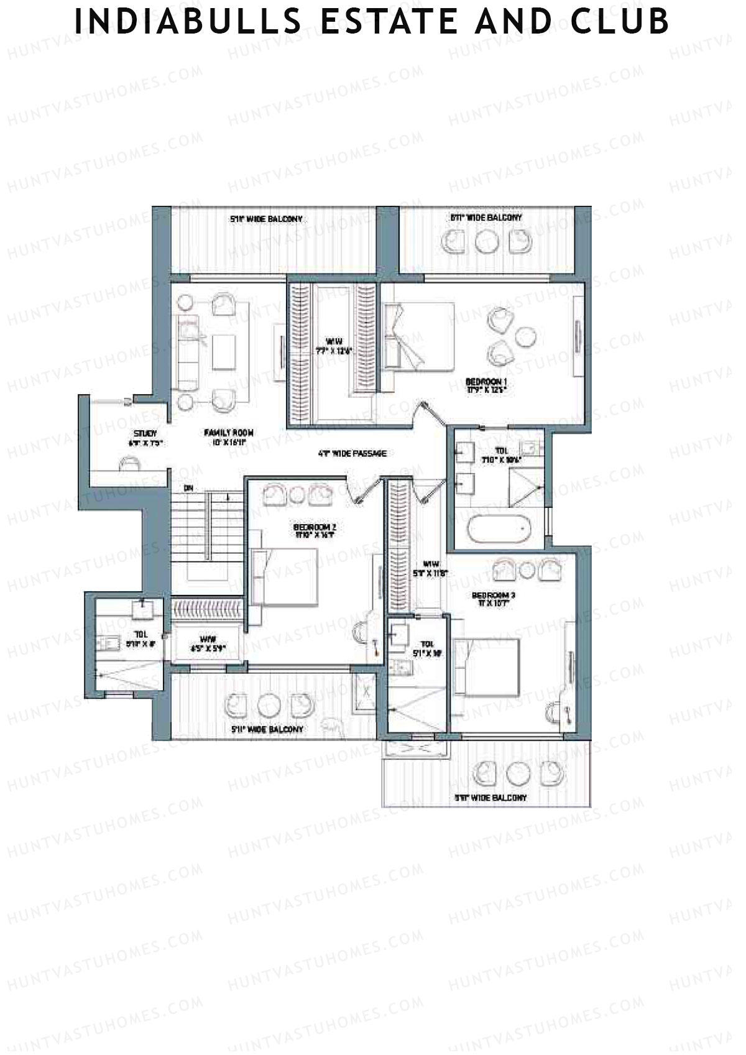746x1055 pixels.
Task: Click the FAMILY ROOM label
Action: click(229, 433)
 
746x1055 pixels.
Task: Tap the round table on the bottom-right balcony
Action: click(516, 773)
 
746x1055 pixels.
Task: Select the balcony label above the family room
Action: click(266, 219)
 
